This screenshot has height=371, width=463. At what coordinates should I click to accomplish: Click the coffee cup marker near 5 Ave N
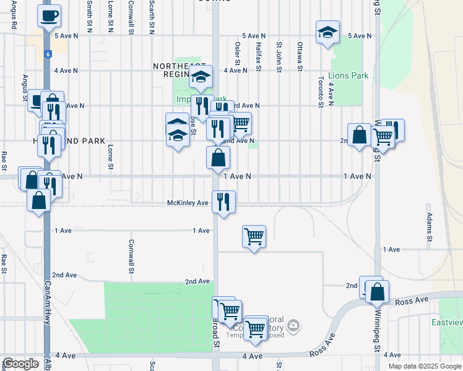click(49, 16)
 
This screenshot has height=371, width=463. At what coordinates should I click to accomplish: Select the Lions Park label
click(348, 76)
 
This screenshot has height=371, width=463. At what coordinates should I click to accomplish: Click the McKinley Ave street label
click(188, 203)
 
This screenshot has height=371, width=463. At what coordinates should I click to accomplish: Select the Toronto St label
click(321, 92)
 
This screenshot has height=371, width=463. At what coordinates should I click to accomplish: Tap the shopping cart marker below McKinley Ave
click(254, 236)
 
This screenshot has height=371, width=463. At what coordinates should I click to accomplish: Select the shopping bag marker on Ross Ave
click(377, 291)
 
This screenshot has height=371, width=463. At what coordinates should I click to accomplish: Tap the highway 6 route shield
click(47, 54)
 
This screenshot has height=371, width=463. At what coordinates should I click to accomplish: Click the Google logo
click(20, 364)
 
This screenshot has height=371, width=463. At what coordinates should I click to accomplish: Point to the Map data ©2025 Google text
click(425, 366)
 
